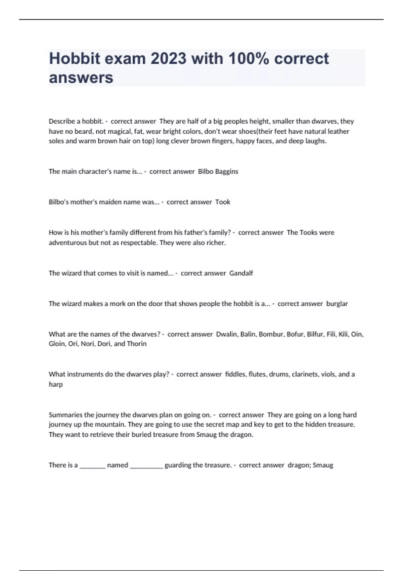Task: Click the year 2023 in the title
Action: (168, 58)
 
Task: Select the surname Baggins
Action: (227, 171)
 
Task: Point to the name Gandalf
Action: (241, 273)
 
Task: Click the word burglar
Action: (337, 304)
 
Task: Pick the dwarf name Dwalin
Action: (226, 334)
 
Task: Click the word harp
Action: (56, 384)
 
